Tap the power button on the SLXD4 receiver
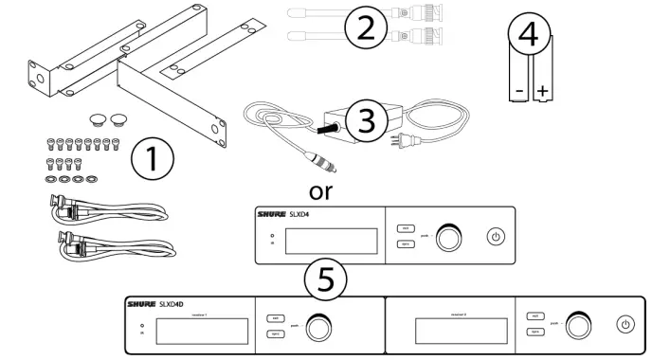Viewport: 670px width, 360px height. (495, 235)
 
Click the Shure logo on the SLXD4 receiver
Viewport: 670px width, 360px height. (274, 216)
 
